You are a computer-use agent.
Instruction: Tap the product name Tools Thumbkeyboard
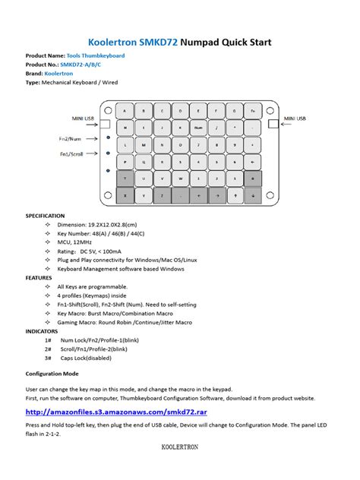(92, 56)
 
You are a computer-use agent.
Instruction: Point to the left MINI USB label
(83, 118)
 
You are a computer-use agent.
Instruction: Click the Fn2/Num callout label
(71, 138)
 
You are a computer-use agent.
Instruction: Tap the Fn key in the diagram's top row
(251, 110)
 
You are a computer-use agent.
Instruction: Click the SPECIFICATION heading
(45, 216)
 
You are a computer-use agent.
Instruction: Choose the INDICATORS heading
(41, 331)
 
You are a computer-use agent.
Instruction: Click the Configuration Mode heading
(52, 374)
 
